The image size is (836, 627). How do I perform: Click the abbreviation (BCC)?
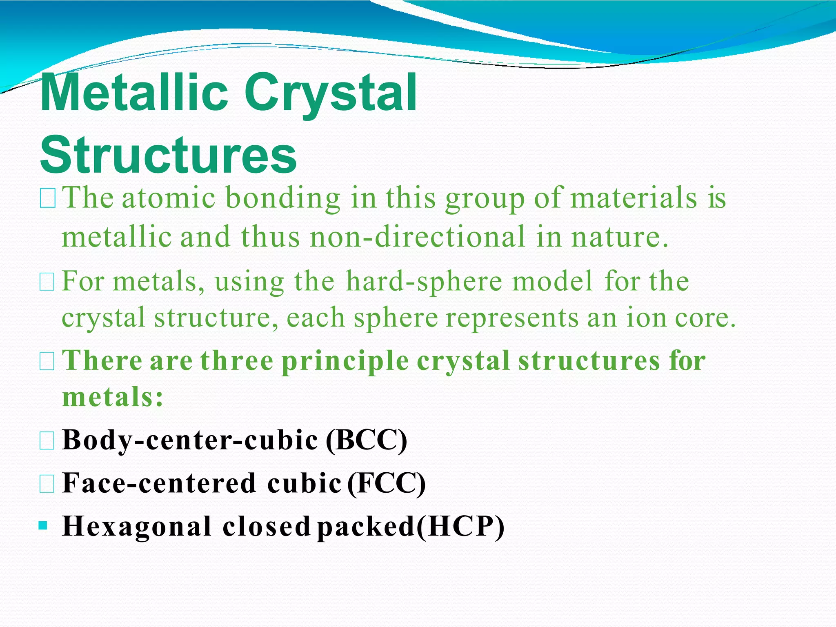pyautogui.click(x=366, y=440)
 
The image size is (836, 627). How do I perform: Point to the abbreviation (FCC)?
pyautogui.click(x=386, y=483)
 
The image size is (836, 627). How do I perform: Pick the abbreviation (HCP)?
pyautogui.click(x=460, y=526)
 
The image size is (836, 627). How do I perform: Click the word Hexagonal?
pyautogui.click(x=137, y=526)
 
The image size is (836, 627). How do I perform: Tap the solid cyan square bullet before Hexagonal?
pyautogui.click(x=43, y=525)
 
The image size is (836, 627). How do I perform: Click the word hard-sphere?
pyautogui.click(x=424, y=282)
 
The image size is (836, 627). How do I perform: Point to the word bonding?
pyautogui.click(x=282, y=198)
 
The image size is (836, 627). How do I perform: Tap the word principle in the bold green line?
pyautogui.click(x=345, y=361)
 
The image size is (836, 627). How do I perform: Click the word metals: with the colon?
pyautogui.click(x=113, y=397)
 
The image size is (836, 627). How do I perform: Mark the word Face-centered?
pyautogui.click(x=159, y=483)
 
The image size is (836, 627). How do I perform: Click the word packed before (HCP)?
pyautogui.click(x=366, y=527)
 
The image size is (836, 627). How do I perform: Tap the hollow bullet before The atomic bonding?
pyautogui.click(x=48, y=200)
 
